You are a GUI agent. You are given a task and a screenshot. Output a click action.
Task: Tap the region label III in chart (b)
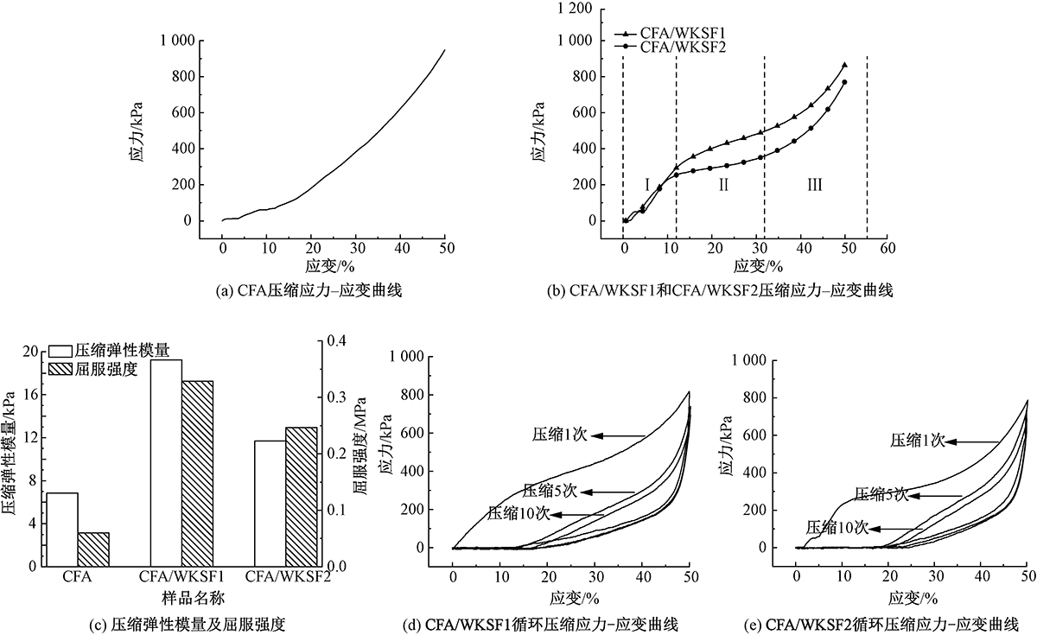point(814,184)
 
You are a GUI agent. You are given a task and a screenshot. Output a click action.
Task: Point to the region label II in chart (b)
point(723,184)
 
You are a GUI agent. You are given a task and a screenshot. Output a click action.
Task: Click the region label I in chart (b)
point(646,184)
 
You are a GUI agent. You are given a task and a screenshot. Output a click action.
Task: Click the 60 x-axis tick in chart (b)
point(887,247)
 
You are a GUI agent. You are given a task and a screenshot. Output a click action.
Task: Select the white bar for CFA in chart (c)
point(61,529)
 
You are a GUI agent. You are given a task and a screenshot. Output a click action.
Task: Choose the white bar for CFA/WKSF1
point(166,462)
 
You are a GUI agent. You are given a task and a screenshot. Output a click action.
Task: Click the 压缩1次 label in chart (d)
point(559,435)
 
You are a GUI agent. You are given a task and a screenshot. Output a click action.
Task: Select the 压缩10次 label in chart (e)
point(837,527)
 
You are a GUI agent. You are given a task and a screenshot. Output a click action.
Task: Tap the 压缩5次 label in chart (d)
point(550,492)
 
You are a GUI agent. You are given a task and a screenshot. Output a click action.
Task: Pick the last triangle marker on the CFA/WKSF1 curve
point(844,65)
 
